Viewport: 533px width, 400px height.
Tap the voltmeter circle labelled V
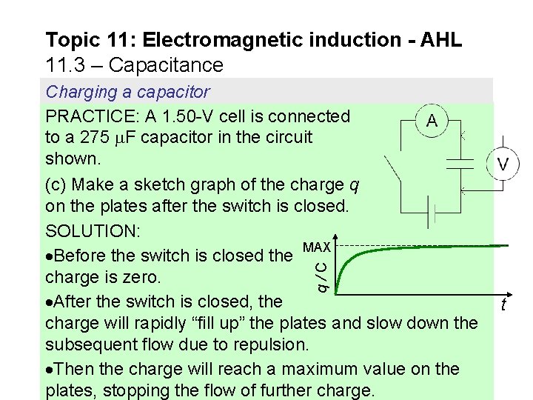click(503, 164)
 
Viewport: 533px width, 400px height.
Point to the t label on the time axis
click(503, 305)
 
